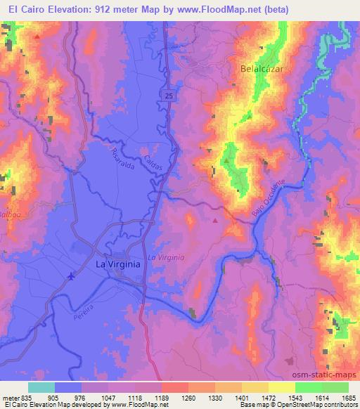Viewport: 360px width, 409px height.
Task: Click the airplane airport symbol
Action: point(71,276)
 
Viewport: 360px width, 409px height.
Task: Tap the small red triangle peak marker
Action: point(215,220)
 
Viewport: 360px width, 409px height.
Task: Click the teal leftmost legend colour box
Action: point(41,387)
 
